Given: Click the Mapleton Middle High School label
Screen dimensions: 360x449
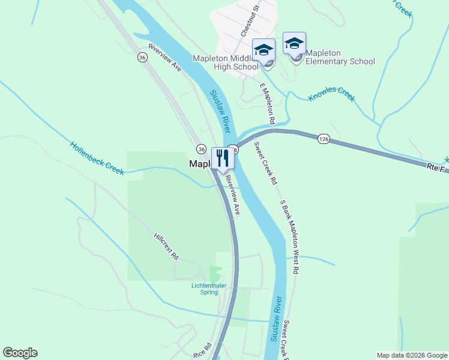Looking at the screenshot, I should coord(225,62).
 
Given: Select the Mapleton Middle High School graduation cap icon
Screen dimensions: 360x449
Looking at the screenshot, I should coord(264,49).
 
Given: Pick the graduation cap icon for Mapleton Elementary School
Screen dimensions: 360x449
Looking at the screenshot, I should coord(294,43).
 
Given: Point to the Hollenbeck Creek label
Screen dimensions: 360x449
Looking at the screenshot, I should coord(97,158).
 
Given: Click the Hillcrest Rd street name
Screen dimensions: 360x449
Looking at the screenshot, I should coord(166,246).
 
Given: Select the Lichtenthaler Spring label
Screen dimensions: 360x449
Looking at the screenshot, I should coord(209,289).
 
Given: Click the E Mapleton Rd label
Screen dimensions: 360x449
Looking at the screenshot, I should coord(267,104).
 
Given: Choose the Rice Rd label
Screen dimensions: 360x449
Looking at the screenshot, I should coord(202,351).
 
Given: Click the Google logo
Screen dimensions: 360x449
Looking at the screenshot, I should coord(20,353).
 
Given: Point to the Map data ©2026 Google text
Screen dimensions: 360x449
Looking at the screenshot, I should coord(411,355).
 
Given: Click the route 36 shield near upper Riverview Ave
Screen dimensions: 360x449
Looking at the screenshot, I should coord(142,57).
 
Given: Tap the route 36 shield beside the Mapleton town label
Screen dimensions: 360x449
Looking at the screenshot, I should coord(201,149).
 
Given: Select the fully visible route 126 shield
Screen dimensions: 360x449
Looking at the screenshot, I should coord(324,139).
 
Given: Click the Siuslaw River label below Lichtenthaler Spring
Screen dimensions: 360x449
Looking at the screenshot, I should coord(276,318).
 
